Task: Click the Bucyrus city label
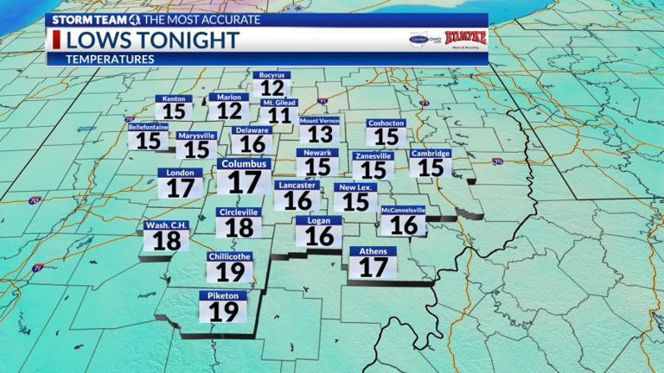click(271, 76)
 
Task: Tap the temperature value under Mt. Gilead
click(278, 116)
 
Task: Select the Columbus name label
click(245, 164)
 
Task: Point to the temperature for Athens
click(373, 268)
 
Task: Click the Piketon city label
click(223, 295)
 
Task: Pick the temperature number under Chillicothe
click(230, 273)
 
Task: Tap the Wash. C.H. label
click(166, 225)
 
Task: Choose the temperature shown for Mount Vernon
click(320, 135)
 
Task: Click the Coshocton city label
click(386, 123)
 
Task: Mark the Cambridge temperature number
click(431, 167)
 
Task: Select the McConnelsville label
click(403, 210)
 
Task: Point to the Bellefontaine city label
click(148, 127)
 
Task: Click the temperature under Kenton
click(173, 111)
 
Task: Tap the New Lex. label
click(355, 187)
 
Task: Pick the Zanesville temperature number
click(373, 170)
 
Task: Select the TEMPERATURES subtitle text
click(111, 59)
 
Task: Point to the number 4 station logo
click(135, 19)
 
